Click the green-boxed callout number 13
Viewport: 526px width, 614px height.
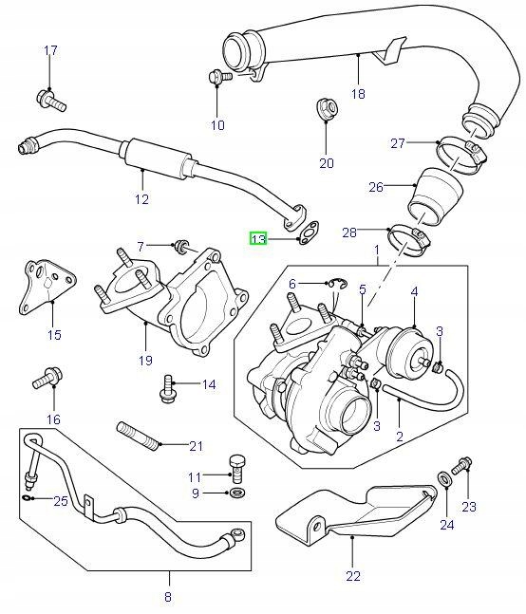tap(258, 238)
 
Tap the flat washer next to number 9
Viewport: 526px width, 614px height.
tap(235, 494)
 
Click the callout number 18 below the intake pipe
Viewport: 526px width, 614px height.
tap(358, 94)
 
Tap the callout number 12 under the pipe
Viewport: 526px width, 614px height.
tap(141, 199)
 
